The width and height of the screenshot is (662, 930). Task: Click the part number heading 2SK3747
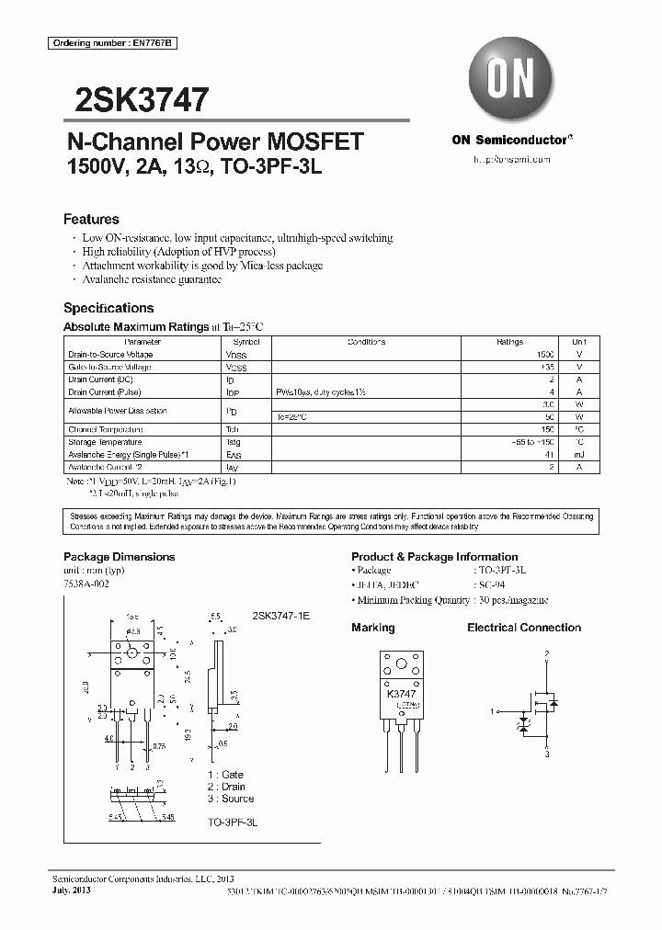tap(136, 98)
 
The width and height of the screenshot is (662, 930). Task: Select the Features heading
tap(91, 220)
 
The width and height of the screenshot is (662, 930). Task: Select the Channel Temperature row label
tap(105, 429)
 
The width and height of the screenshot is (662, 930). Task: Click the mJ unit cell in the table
tap(578, 454)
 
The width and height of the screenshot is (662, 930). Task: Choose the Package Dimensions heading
tap(119, 557)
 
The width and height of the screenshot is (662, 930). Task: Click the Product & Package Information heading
tap(434, 557)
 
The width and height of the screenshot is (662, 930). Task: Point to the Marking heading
tap(372, 628)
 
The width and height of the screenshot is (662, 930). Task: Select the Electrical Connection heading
tap(524, 628)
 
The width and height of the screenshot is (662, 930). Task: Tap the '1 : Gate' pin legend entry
tap(225, 775)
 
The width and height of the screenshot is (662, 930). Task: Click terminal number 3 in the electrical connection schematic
tap(546, 754)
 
